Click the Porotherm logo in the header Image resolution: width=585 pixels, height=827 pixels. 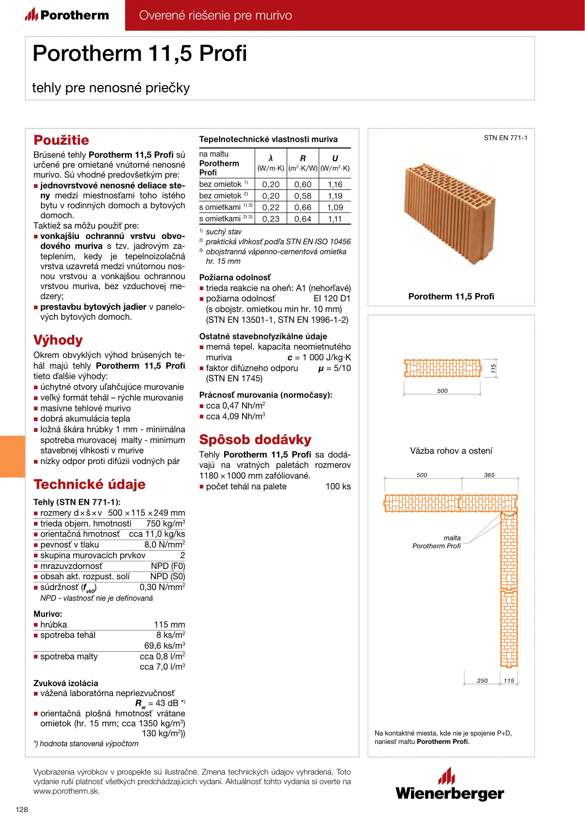(67, 15)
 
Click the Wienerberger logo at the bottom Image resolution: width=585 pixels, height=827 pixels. (450, 785)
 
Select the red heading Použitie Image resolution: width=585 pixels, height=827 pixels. (61, 140)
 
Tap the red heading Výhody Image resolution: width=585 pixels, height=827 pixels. (58, 340)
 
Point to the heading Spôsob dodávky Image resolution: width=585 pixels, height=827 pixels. (255, 439)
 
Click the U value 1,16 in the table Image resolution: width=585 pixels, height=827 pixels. (335, 185)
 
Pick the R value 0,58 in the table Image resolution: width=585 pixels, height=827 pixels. (303, 196)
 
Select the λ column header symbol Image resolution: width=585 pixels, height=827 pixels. (270, 159)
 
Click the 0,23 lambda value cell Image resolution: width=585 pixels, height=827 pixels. (270, 219)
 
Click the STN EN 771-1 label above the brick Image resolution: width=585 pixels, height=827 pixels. (505, 138)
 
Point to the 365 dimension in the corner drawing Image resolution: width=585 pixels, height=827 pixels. (489, 475)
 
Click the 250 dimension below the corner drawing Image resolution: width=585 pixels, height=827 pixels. (482, 681)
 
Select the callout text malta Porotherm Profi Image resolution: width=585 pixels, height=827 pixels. (437, 542)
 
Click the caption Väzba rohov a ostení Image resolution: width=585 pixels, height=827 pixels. (451, 451)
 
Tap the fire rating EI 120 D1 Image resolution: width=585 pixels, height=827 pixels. (332, 299)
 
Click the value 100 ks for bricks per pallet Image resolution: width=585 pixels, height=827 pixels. (338, 487)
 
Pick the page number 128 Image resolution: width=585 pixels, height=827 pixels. (22, 809)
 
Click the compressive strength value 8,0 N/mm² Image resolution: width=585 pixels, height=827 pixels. (165, 545)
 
